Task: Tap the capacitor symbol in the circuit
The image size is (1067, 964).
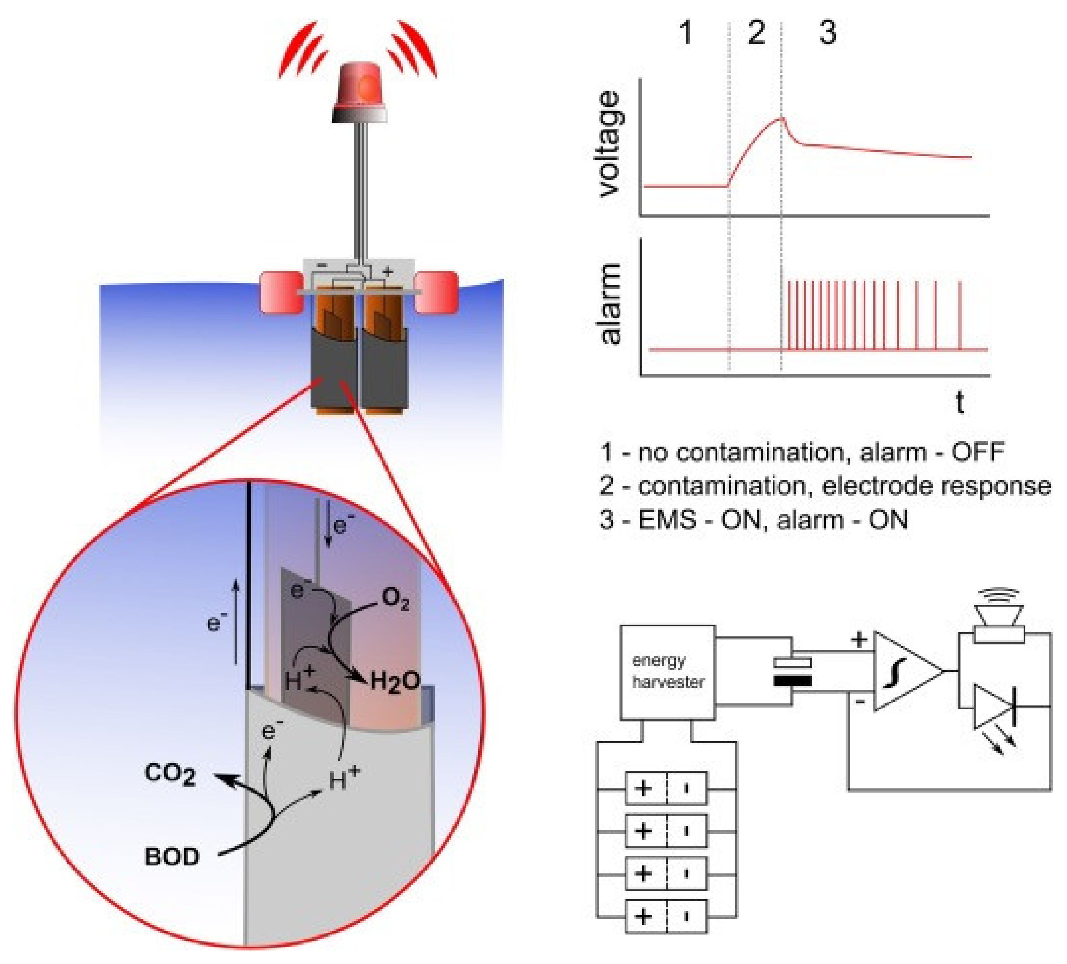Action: pos(792,671)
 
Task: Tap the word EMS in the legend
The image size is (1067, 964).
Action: pos(667,520)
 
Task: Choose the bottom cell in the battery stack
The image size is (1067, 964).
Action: pos(666,916)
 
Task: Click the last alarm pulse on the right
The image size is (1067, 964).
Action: pos(959,315)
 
